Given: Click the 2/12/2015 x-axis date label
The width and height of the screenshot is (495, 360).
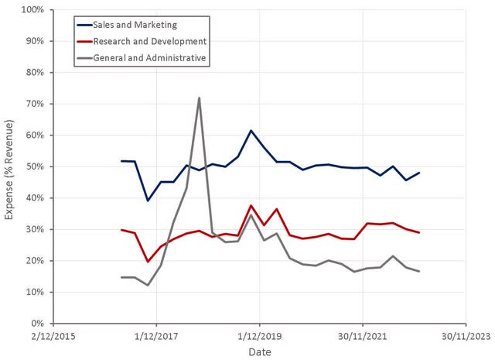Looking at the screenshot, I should [53, 337].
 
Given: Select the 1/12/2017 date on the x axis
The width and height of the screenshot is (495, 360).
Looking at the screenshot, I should [156, 337].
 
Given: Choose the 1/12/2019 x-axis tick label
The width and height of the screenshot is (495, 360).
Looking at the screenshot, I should [259, 337].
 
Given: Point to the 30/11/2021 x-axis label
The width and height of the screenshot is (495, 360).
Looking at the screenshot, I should [362, 337].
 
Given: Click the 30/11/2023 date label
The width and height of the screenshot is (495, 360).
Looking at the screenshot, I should [465, 337].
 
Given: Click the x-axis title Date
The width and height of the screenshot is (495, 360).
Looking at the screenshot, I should [259, 352].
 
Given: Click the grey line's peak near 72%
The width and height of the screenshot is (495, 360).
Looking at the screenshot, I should [200, 98].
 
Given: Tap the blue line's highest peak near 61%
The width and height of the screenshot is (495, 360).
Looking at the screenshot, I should [251, 131].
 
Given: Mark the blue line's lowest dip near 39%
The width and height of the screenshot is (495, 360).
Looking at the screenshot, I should [148, 201].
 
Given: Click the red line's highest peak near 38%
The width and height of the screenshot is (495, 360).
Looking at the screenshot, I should [251, 205].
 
